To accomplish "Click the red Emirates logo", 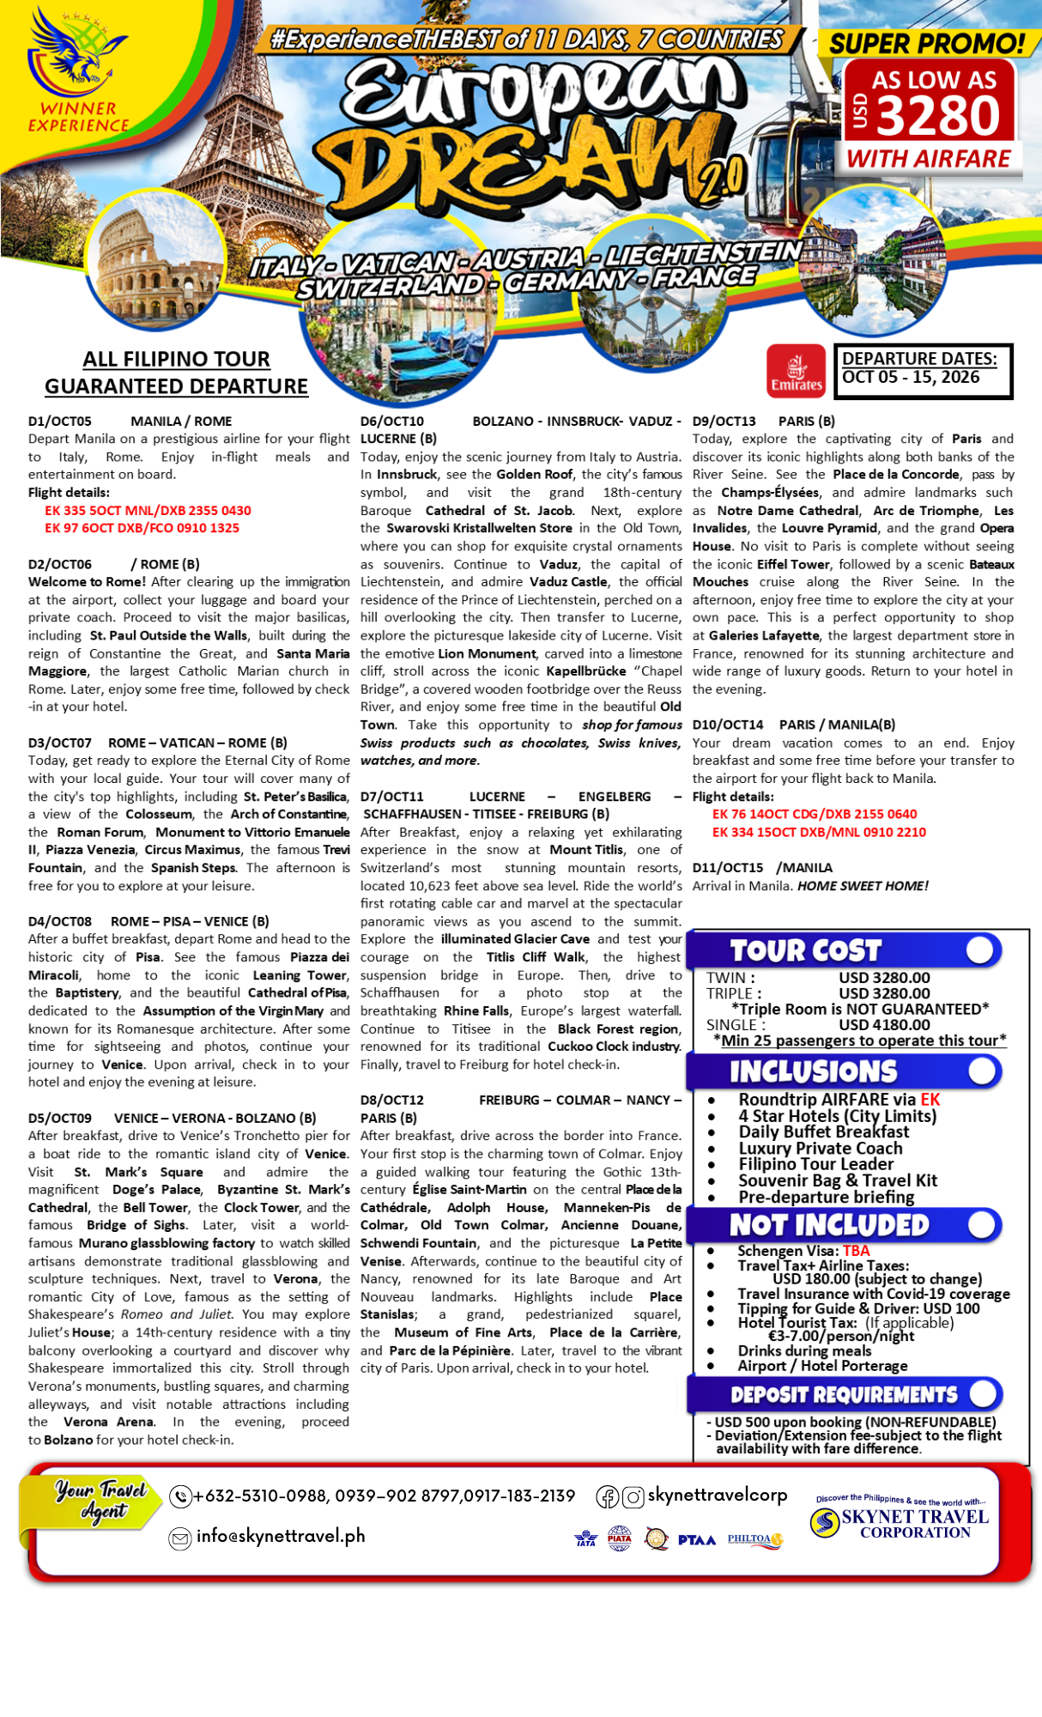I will [796, 372].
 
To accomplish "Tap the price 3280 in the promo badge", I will [939, 116].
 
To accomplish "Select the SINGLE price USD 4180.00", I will [884, 1024].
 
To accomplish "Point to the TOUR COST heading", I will [805, 950].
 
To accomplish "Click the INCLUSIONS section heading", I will [813, 1071].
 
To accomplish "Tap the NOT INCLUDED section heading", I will [829, 1225].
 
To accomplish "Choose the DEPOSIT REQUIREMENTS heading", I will [844, 1394].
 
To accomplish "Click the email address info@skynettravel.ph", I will [281, 1536].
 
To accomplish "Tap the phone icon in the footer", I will [180, 1496].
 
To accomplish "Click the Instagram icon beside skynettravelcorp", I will [633, 1497].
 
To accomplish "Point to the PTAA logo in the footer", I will [696, 1540].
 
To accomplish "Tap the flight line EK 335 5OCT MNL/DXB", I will [148, 510].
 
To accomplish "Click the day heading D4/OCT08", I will [59, 921].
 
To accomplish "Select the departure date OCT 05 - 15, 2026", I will [911, 378].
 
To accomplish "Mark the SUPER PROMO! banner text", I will [927, 43].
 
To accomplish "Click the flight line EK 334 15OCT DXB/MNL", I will [819, 832].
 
